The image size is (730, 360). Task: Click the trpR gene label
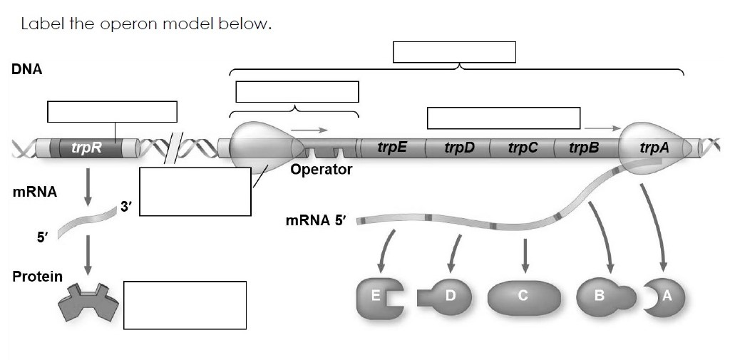click(86, 148)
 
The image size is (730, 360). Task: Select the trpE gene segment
click(392, 148)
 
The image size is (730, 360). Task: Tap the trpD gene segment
click(459, 148)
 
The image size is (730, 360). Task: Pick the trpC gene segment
click(523, 148)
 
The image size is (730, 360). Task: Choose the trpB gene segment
click(584, 148)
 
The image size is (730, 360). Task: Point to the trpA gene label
click(654, 148)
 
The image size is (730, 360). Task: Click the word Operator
click(322, 170)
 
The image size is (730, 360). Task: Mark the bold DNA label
click(26, 70)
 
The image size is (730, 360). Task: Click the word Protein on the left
click(37, 276)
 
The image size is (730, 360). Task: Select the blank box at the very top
click(454, 52)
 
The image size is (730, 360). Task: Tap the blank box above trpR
click(112, 112)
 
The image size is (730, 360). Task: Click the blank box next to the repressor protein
click(185, 305)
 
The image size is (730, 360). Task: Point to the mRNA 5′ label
click(314, 220)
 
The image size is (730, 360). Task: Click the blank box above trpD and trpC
click(503, 118)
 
